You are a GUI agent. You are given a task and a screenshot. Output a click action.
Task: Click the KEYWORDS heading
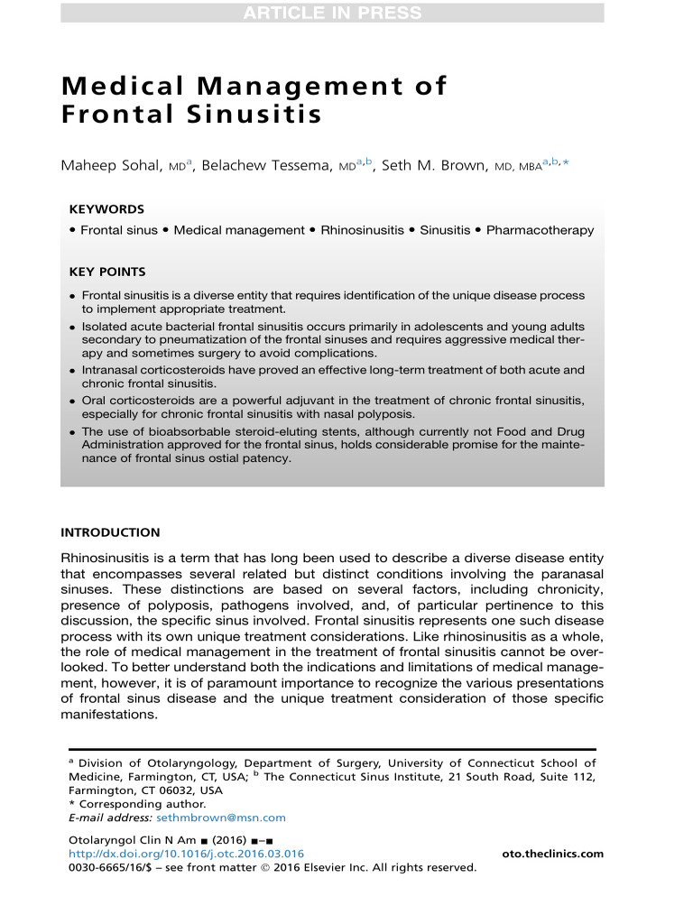pos(106,208)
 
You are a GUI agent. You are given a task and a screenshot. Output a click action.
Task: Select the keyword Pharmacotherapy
pos(540,230)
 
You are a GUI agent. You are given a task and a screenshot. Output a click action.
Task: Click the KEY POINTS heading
pos(107,272)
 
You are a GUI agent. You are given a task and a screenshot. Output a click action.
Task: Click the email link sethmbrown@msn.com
pos(221,818)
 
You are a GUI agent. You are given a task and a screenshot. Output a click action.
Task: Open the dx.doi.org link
pos(187,854)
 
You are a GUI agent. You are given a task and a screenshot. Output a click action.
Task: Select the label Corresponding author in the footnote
pos(142,804)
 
